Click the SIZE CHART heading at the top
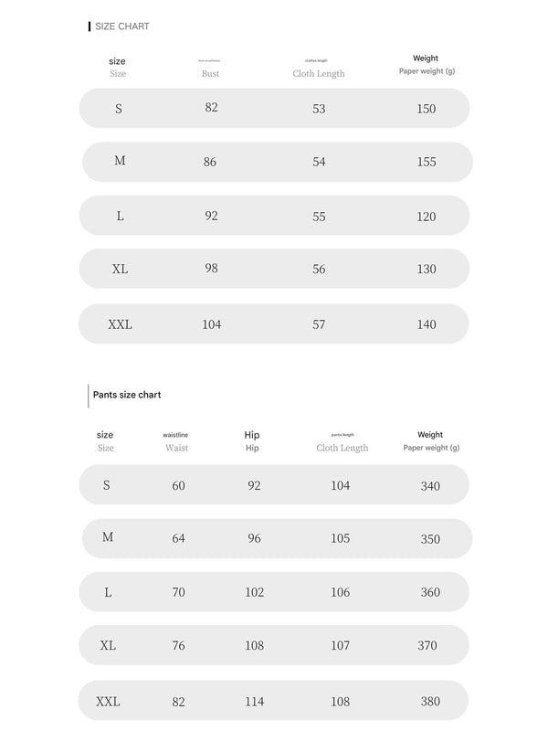click(122, 26)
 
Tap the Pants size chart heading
click(127, 395)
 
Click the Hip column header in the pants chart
click(252, 441)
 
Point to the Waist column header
click(176, 448)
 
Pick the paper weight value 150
click(426, 109)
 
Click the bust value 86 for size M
click(210, 161)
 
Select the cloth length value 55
click(319, 217)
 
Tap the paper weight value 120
click(426, 217)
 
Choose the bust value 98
click(211, 269)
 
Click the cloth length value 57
click(319, 324)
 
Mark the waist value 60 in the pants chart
click(178, 486)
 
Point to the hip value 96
click(254, 538)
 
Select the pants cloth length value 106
click(340, 592)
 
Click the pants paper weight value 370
click(427, 646)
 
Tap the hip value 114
click(254, 702)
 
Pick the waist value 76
click(178, 646)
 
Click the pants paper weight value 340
click(430, 486)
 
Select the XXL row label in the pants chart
click(108, 702)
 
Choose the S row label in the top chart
click(119, 109)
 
